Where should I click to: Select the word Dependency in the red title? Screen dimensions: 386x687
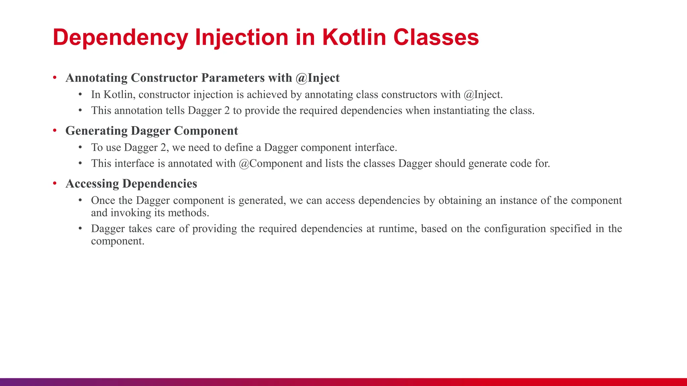120,38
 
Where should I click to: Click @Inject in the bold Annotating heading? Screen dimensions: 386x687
318,78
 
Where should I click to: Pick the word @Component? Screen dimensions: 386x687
271,164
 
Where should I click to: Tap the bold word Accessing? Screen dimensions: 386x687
92,184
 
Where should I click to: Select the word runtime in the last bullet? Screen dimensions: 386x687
398,229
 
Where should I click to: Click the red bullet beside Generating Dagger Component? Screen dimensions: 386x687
55,130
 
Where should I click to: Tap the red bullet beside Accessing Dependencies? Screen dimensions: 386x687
55,183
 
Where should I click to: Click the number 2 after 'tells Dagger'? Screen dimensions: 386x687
227,111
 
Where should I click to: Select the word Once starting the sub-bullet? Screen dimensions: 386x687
103,200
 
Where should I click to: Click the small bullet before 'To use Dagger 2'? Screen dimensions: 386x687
80,147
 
